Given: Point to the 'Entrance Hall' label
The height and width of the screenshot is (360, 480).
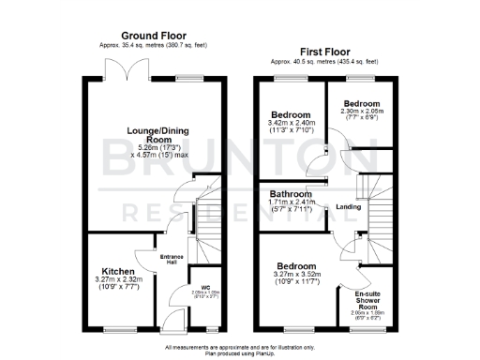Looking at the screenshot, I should pyautogui.click(x=172, y=259).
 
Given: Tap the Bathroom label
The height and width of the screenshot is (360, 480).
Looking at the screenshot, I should pyautogui.click(x=290, y=194).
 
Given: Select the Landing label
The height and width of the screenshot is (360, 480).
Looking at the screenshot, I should pyautogui.click(x=349, y=207).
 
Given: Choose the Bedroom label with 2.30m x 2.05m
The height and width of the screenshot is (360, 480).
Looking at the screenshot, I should pyautogui.click(x=361, y=103).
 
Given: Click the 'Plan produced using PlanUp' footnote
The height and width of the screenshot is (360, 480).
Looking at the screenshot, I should pyautogui.click(x=241, y=353).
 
